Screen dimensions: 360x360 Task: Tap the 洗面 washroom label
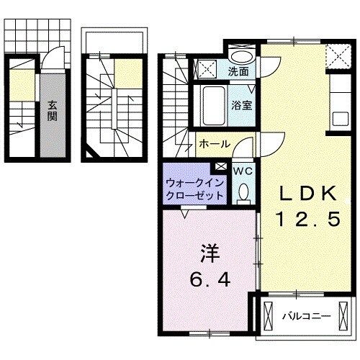239,72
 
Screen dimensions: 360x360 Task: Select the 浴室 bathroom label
240,104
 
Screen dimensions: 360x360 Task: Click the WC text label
242,171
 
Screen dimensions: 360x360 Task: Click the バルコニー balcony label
305,316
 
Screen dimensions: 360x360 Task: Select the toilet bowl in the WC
243,192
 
